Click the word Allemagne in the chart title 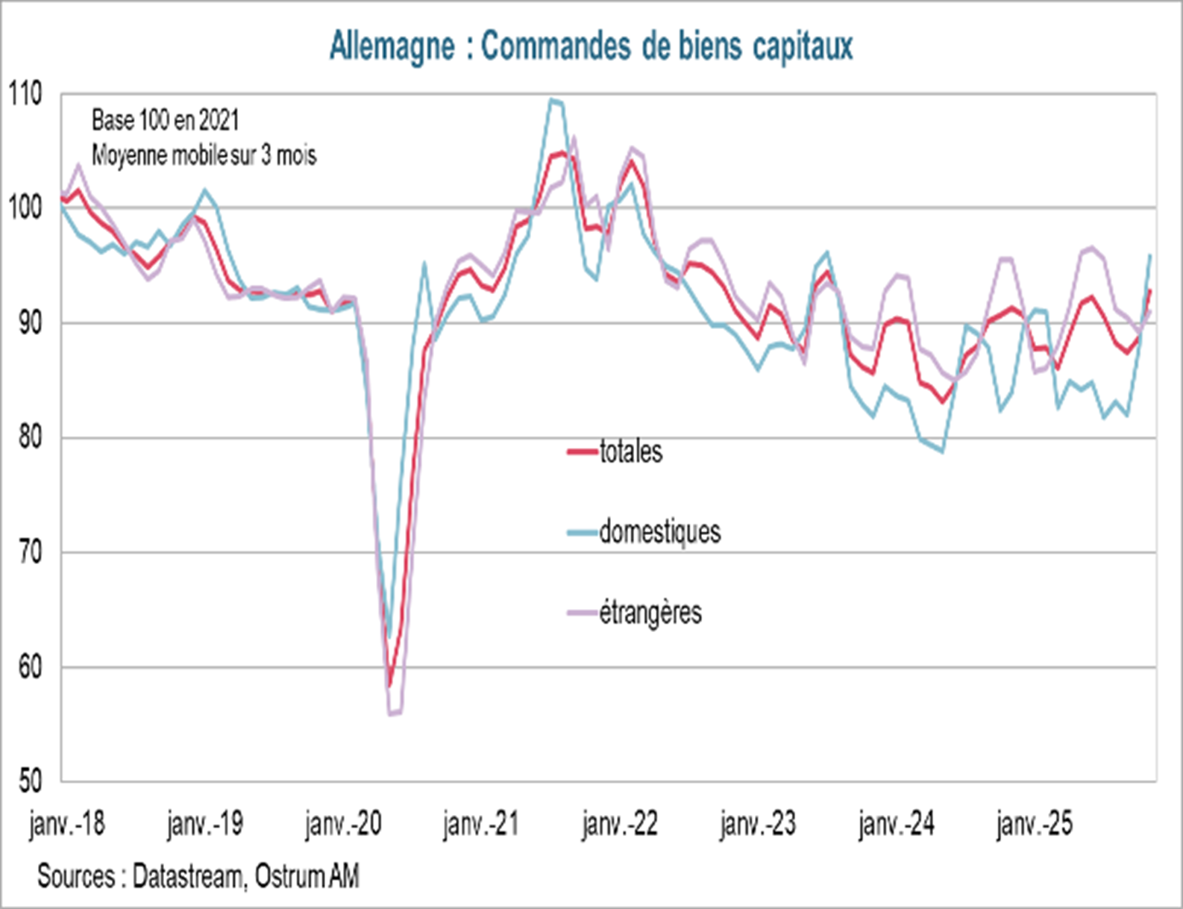392,46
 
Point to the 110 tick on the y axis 25,95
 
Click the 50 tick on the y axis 30,781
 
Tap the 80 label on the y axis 30,437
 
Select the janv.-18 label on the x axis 67,824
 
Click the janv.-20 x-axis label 343,824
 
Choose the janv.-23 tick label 758,824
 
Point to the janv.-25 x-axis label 1035,824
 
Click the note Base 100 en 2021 165,120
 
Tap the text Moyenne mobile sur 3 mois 204,155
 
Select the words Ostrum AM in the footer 307,876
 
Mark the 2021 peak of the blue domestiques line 552,99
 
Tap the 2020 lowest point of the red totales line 389,685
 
